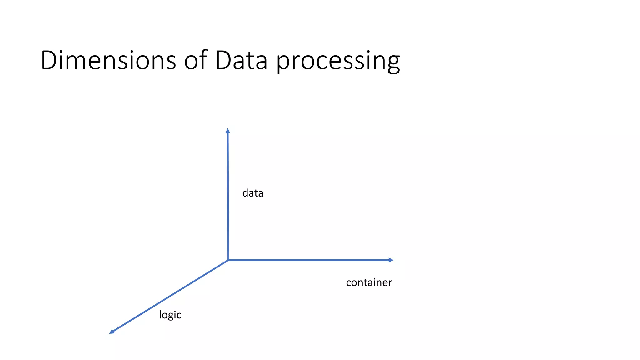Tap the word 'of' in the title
click(196, 60)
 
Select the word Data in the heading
click(241, 60)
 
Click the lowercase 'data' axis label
click(253, 193)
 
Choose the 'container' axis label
click(369, 282)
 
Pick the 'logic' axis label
click(170, 315)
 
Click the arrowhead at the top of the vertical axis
click(228, 131)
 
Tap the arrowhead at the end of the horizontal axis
click(391, 260)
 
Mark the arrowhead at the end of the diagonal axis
click(112, 332)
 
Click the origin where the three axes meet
click(228, 260)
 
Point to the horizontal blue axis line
click(309, 260)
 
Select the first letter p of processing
click(283, 62)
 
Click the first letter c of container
click(349, 283)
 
